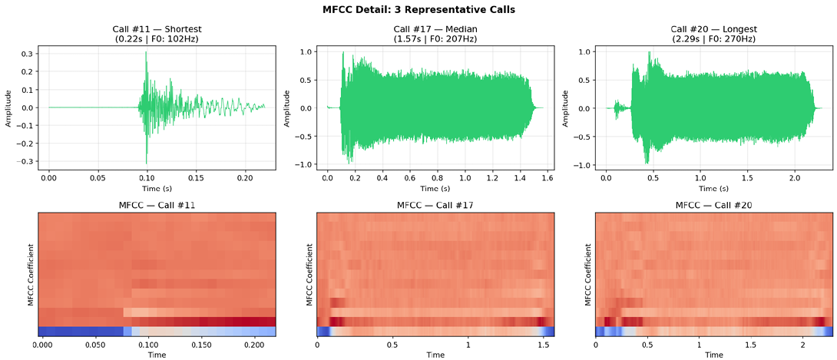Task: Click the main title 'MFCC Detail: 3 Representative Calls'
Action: pyautogui.click(x=418, y=10)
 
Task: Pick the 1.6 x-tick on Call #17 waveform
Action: pyautogui.click(x=547, y=177)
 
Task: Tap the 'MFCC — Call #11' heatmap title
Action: pyautogui.click(x=157, y=205)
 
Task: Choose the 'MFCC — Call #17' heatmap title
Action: pyautogui.click(x=435, y=205)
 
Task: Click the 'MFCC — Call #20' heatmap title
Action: pyautogui.click(x=714, y=205)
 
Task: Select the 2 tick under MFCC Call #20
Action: pyautogui.click(x=802, y=345)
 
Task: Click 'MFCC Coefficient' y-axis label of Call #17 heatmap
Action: pyautogui.click(x=309, y=276)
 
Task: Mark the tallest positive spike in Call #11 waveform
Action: pyautogui.click(x=147, y=52)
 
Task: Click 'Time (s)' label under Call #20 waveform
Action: pyautogui.click(x=714, y=188)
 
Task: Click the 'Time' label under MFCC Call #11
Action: pyautogui.click(x=157, y=355)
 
